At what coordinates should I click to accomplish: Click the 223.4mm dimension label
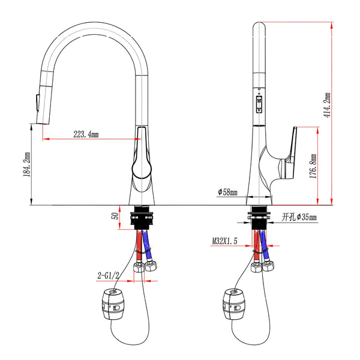[x=86, y=134]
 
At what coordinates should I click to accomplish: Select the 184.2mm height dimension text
[x=26, y=164]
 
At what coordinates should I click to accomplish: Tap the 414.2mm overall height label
[x=327, y=105]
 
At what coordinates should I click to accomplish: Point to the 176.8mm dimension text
[x=313, y=166]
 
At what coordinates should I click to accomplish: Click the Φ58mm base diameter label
[x=227, y=192]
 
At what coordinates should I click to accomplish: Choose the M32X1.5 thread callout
[x=224, y=241]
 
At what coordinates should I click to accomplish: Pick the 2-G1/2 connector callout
[x=109, y=275]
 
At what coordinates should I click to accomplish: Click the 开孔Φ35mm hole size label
[x=299, y=217]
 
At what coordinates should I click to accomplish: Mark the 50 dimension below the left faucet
[x=115, y=216]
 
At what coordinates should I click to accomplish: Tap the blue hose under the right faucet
[x=264, y=245]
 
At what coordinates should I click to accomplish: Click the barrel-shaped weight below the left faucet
[x=113, y=304]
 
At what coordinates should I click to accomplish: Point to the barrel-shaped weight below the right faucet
[x=234, y=304]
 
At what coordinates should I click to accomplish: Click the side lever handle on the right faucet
[x=290, y=154]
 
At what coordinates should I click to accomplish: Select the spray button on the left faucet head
[x=37, y=103]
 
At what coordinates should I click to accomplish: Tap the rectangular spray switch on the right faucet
[x=259, y=104]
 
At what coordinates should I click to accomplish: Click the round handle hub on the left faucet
[x=142, y=169]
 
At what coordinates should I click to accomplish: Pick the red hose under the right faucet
[x=257, y=245]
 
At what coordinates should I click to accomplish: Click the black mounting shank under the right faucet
[x=259, y=217]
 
